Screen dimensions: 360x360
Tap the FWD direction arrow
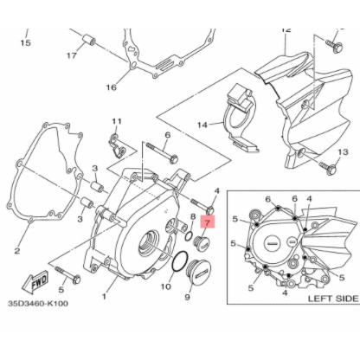(x=40, y=282)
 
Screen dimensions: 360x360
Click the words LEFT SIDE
(x=332, y=298)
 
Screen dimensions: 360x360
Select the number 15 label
(x=24, y=43)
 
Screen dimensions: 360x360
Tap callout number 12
(x=286, y=30)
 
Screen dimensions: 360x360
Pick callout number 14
(x=202, y=125)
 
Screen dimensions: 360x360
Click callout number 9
(x=188, y=299)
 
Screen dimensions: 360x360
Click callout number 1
(x=103, y=296)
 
